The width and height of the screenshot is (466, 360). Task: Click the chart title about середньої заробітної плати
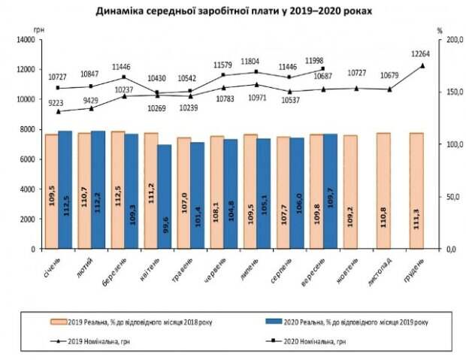click(234, 13)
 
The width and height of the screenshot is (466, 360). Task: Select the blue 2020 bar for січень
click(65, 189)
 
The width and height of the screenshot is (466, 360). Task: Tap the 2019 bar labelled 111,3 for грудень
click(416, 191)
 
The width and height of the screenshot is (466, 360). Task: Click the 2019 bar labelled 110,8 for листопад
click(383, 191)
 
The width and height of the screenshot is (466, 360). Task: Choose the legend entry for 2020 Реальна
click(346, 322)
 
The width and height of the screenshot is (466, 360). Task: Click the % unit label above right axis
click(440, 30)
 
